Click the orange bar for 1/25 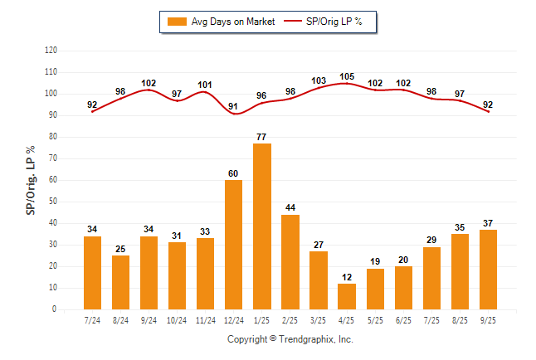point(261,226)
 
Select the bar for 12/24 point(233,245)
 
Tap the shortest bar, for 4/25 point(347,296)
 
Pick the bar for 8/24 point(120,282)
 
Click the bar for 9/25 point(488,270)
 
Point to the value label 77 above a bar point(261,137)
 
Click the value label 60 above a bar point(233,173)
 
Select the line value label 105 point(347,76)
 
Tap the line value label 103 point(319,80)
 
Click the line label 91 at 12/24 point(233,106)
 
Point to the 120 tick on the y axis point(51,51)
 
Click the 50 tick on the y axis point(52,202)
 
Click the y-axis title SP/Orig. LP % point(31,180)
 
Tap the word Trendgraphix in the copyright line point(308,339)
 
